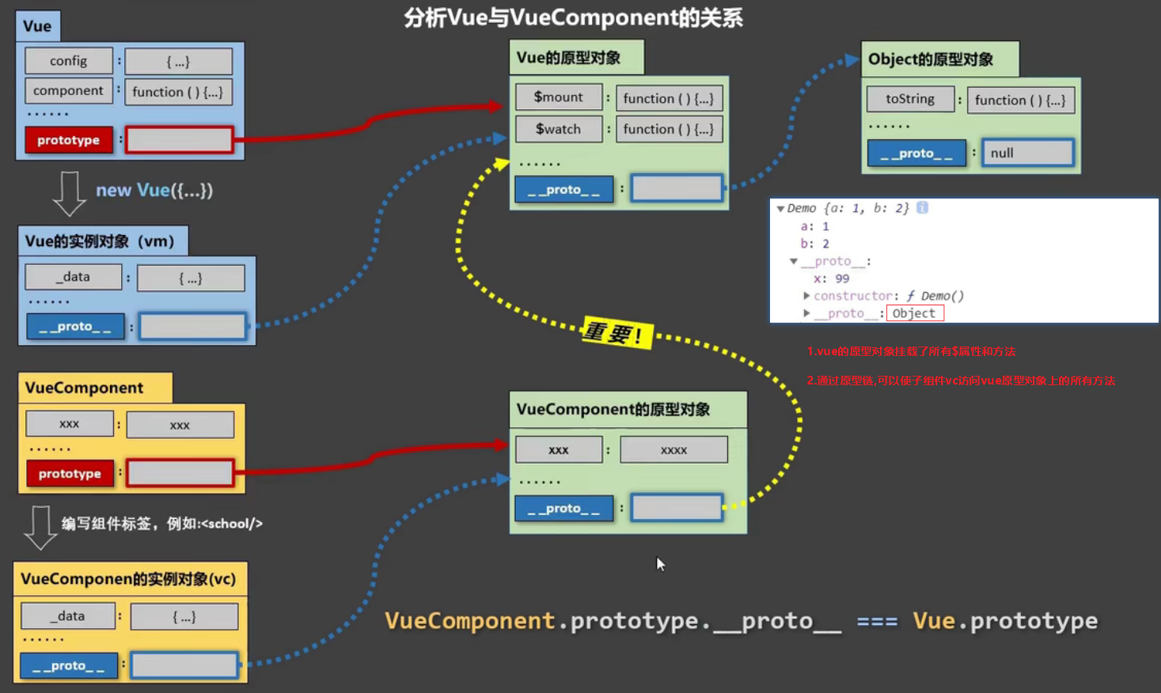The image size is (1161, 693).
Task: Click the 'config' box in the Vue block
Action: tap(69, 61)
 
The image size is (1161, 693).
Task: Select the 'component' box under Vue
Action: tap(68, 91)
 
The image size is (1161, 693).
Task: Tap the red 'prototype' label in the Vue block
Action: tap(69, 140)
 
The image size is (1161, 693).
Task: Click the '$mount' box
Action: tap(559, 97)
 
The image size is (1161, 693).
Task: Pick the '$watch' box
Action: tap(559, 129)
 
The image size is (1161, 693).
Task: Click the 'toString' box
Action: tap(910, 99)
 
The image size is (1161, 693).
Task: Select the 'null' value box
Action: tap(1027, 153)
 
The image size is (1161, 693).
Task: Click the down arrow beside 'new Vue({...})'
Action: tap(69, 193)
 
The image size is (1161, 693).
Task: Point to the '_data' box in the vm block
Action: tap(74, 277)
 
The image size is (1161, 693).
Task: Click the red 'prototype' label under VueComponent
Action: tap(70, 474)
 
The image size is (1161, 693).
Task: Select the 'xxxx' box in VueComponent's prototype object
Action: tap(673, 449)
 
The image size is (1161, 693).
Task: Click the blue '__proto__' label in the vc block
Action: tap(69, 666)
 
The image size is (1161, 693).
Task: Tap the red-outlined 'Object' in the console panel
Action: tap(914, 313)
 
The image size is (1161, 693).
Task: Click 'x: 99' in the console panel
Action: tap(831, 278)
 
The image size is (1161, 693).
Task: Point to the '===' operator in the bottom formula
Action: tap(877, 622)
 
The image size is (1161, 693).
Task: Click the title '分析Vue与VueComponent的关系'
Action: tap(573, 17)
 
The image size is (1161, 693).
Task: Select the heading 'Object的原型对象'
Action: tap(931, 59)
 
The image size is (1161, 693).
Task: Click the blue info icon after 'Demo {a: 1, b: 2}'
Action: tap(922, 208)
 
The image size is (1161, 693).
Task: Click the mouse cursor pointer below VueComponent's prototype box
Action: tap(660, 563)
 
